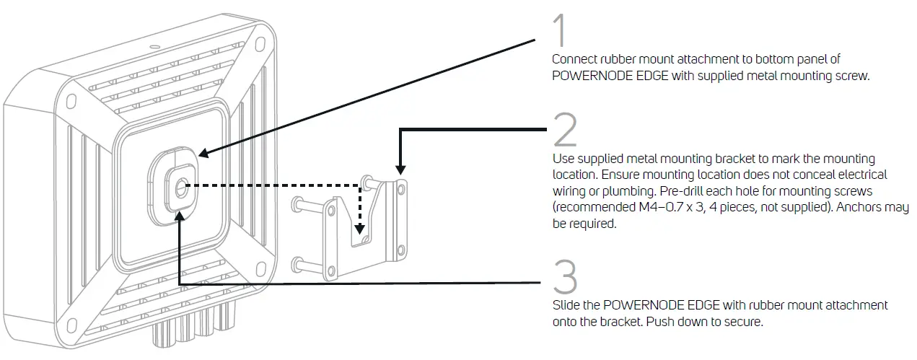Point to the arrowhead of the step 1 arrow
[x=203, y=153]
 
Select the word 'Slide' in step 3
[x=566, y=305]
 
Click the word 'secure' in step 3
[x=741, y=322]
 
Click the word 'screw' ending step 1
[x=852, y=76]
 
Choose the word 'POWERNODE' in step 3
[x=637, y=305]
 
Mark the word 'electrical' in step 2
[x=860, y=175]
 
